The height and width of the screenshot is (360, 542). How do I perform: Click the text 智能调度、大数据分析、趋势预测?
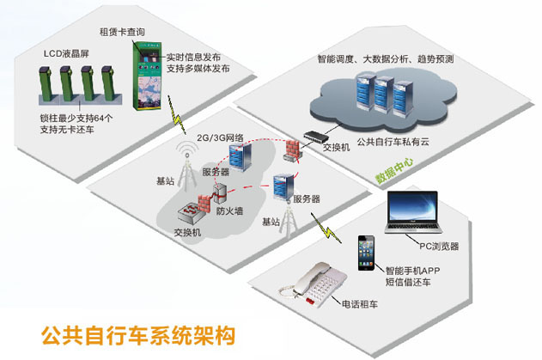(385, 60)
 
